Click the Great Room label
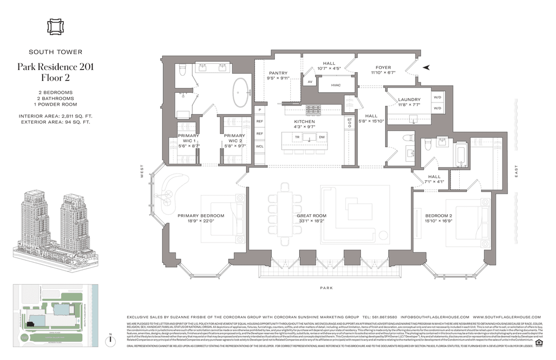pyautogui.click(x=311, y=216)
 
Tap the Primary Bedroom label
pyautogui.click(x=201, y=215)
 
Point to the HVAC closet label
pyautogui.click(x=336, y=85)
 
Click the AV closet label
pyautogui.click(x=310, y=82)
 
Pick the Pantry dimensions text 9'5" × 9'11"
pyautogui.click(x=278, y=79)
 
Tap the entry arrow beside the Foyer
pyautogui.click(x=426, y=67)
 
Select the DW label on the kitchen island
pyautogui.click(x=321, y=137)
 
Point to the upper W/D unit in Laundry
pyautogui.click(x=438, y=97)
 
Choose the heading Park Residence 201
pyautogui.click(x=55, y=66)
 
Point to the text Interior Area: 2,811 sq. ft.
pyautogui.click(x=55, y=116)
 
